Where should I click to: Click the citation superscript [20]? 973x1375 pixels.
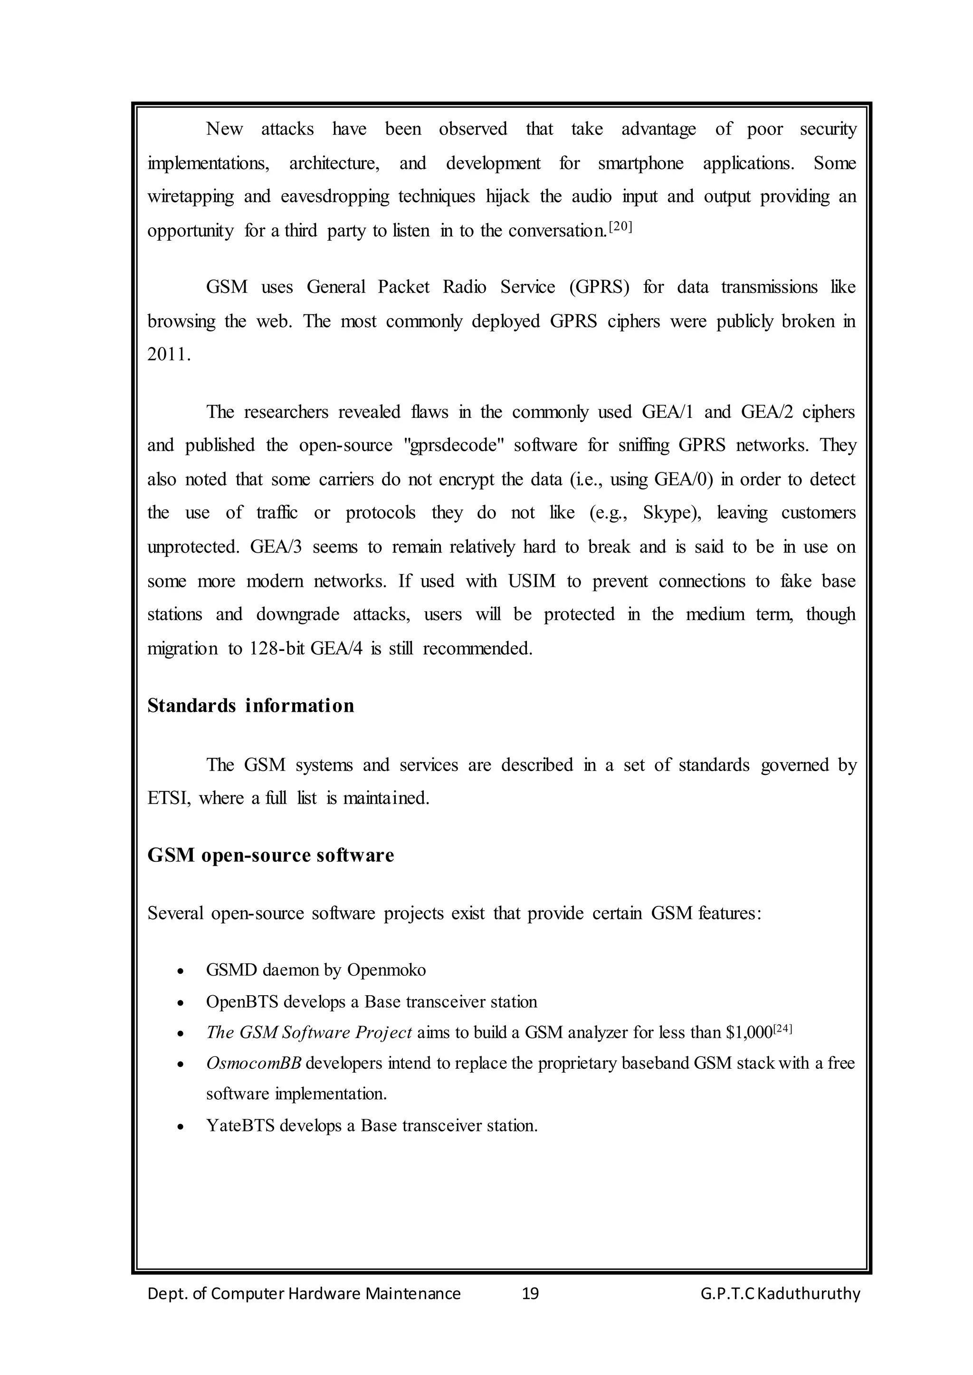tap(620, 227)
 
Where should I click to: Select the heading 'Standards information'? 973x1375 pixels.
tap(250, 706)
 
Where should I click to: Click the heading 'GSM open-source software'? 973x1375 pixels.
tap(270, 855)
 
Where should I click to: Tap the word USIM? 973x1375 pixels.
tap(532, 581)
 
